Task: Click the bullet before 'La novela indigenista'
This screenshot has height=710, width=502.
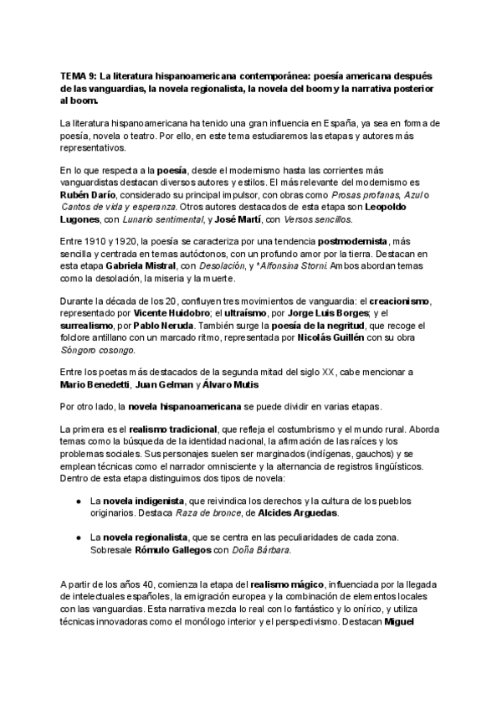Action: [77, 500]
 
